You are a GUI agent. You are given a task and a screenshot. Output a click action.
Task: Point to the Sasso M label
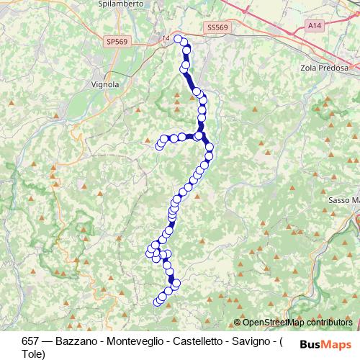[343, 199]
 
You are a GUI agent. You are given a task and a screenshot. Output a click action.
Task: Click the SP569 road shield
[115, 42]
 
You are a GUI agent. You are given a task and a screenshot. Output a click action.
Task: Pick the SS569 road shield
[216, 27]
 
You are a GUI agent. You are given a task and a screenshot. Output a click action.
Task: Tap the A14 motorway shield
[314, 24]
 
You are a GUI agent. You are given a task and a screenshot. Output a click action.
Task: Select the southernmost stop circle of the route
[159, 301]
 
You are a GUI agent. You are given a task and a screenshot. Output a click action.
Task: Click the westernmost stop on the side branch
[160, 146]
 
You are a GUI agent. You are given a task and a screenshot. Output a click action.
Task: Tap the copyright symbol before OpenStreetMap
[236, 323]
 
